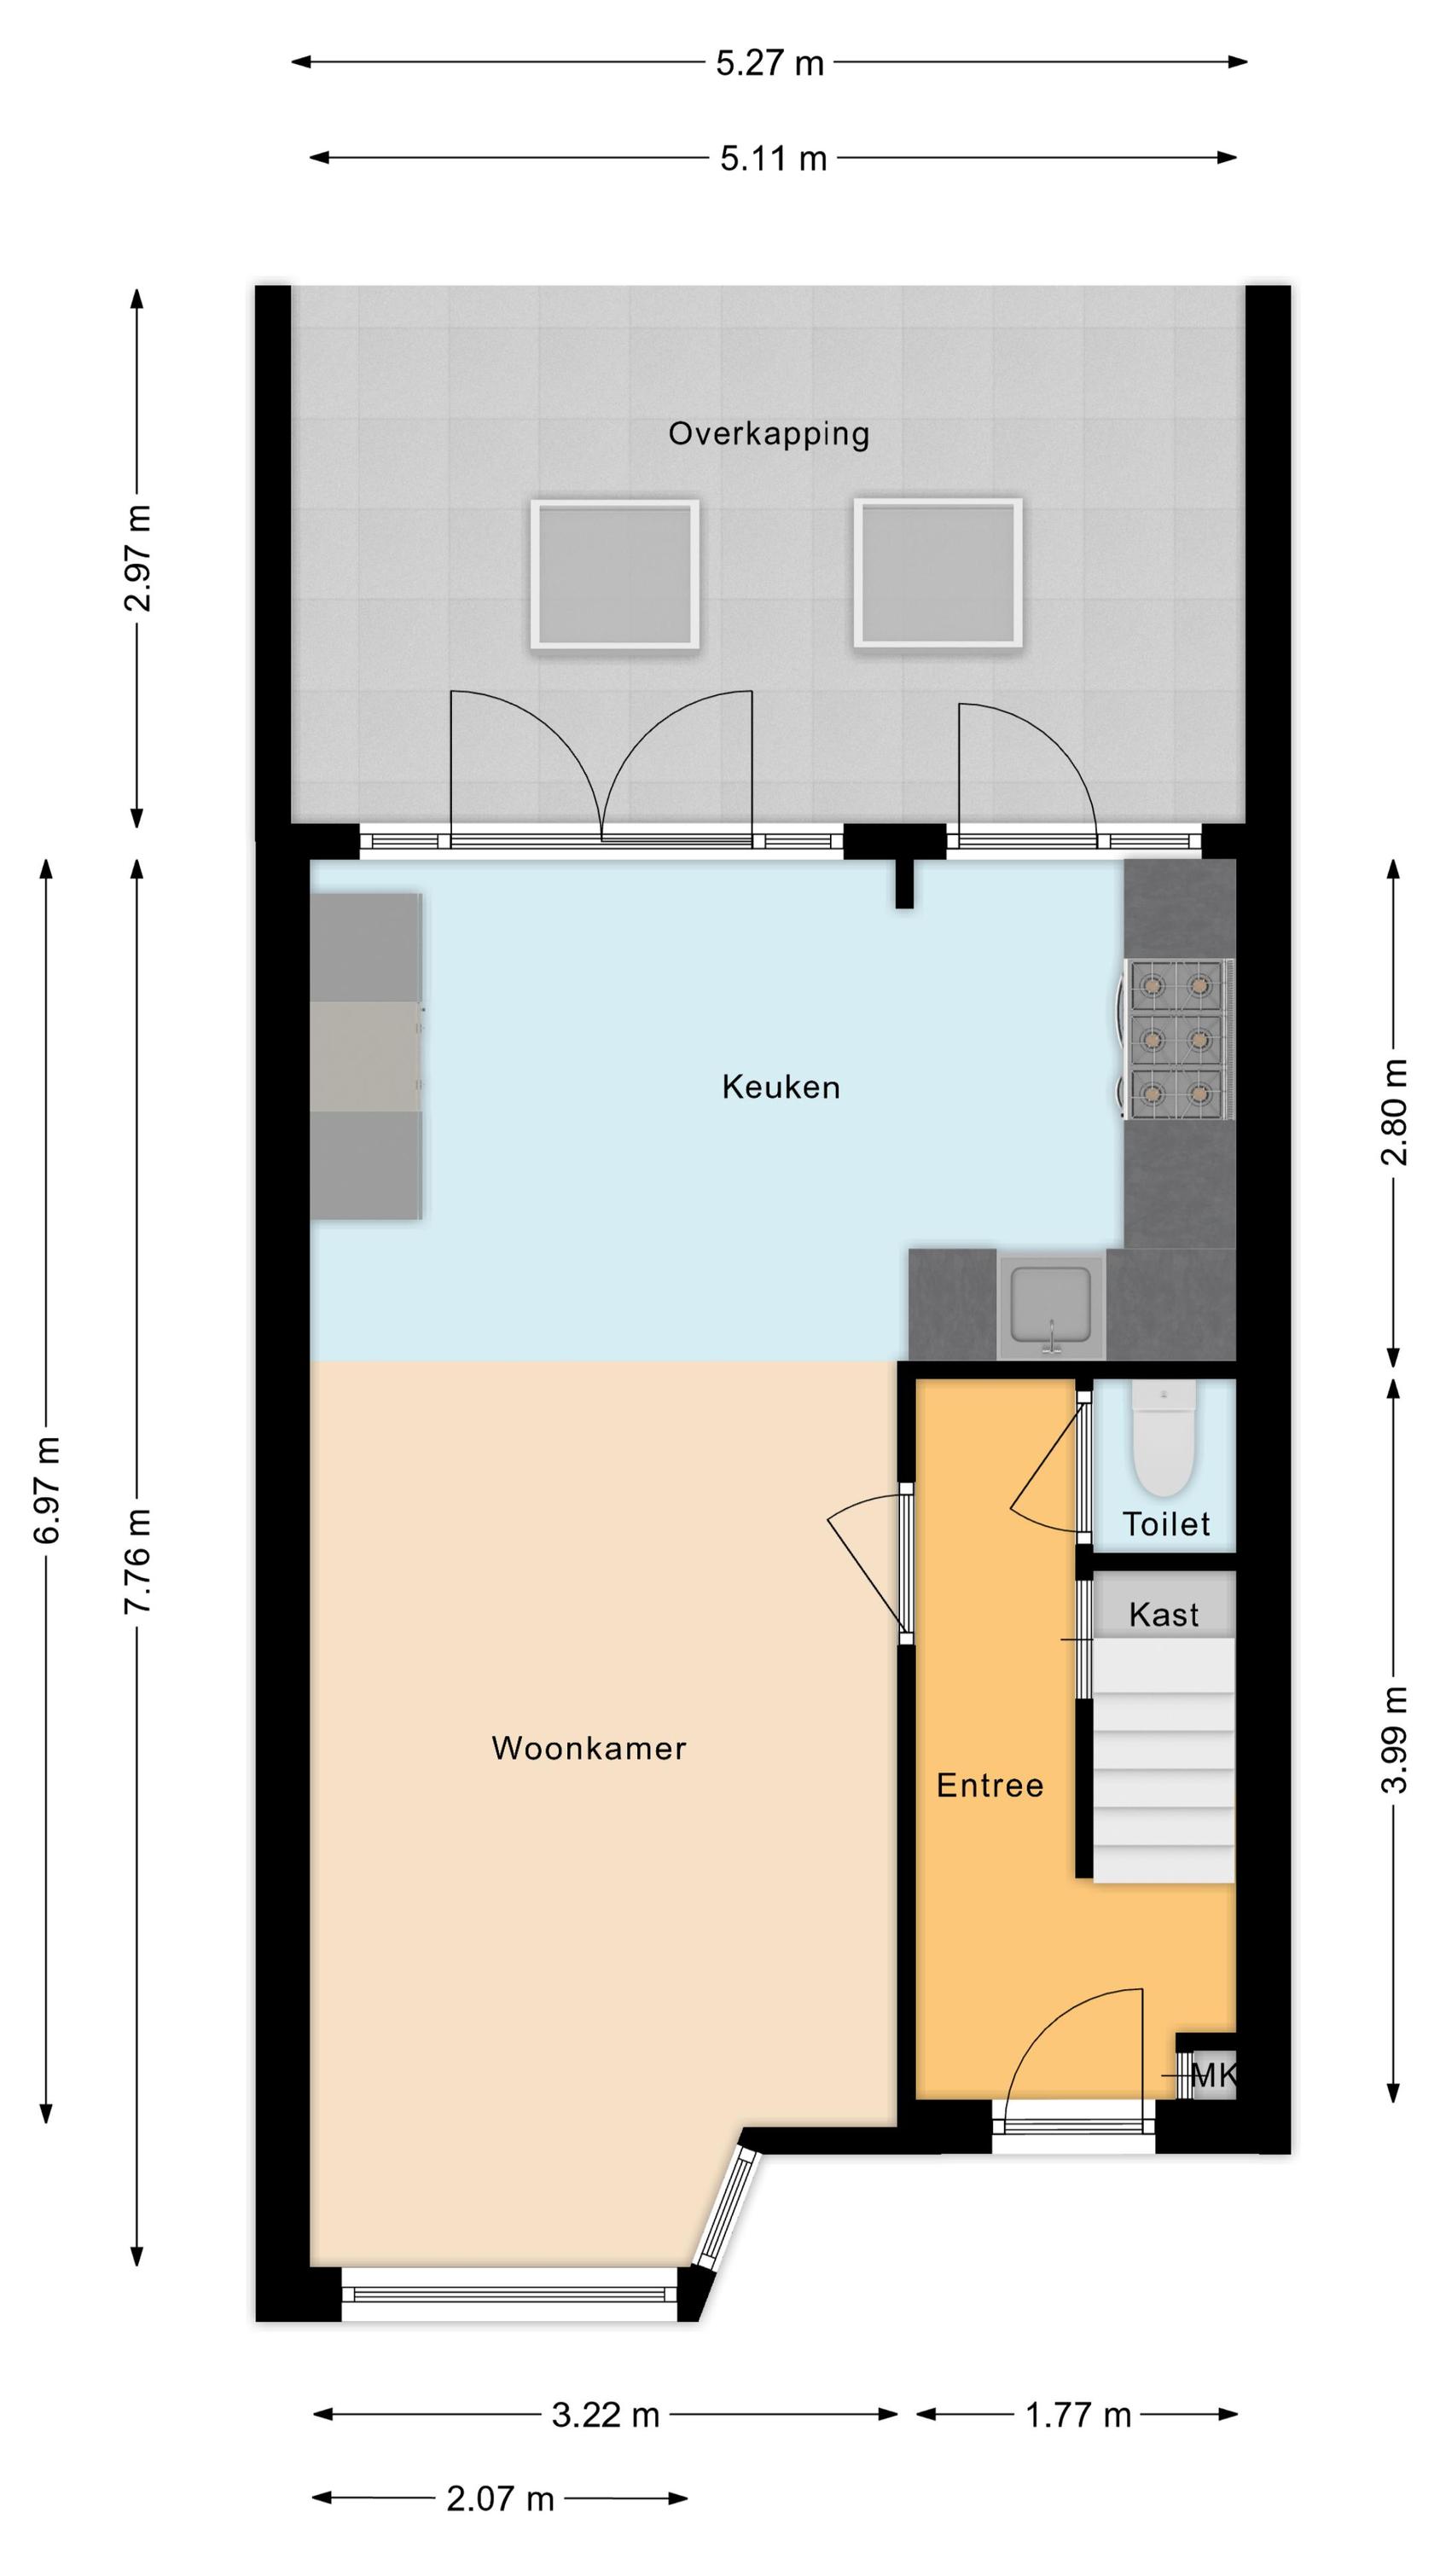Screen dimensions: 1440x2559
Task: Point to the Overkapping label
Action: (x=768, y=434)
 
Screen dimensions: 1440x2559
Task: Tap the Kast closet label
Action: (x=1164, y=1614)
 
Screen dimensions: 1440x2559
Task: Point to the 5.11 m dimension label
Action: (x=773, y=159)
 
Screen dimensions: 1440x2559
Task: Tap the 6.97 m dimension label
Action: (x=48, y=1490)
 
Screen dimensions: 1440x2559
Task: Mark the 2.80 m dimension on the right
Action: (x=1394, y=1111)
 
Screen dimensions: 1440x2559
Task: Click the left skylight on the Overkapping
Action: (x=614, y=574)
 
